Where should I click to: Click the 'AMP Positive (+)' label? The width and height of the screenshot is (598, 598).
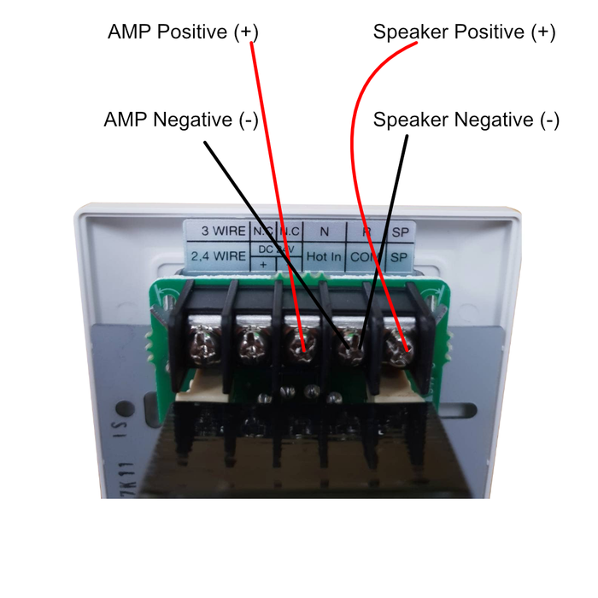pyautogui.click(x=182, y=32)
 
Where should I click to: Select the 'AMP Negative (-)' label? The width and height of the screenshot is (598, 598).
pyautogui.click(x=180, y=120)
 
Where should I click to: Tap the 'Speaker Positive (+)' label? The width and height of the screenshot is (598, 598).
pyautogui.click(x=464, y=32)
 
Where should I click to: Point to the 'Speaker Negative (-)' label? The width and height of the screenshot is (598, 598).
pyautogui.click(x=466, y=120)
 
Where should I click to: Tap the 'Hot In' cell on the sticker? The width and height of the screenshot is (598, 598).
pyautogui.click(x=324, y=255)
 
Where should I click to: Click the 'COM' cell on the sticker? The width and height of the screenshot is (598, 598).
pyautogui.click(x=366, y=256)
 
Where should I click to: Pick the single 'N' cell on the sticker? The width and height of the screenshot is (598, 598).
pyautogui.click(x=324, y=232)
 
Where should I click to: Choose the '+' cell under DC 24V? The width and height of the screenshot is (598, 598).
pyautogui.click(x=262, y=264)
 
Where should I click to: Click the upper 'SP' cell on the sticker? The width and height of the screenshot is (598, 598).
pyautogui.click(x=399, y=232)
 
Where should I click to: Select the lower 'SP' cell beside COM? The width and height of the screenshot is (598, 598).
pyautogui.click(x=399, y=256)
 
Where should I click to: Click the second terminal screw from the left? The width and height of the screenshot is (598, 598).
pyautogui.click(x=251, y=344)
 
